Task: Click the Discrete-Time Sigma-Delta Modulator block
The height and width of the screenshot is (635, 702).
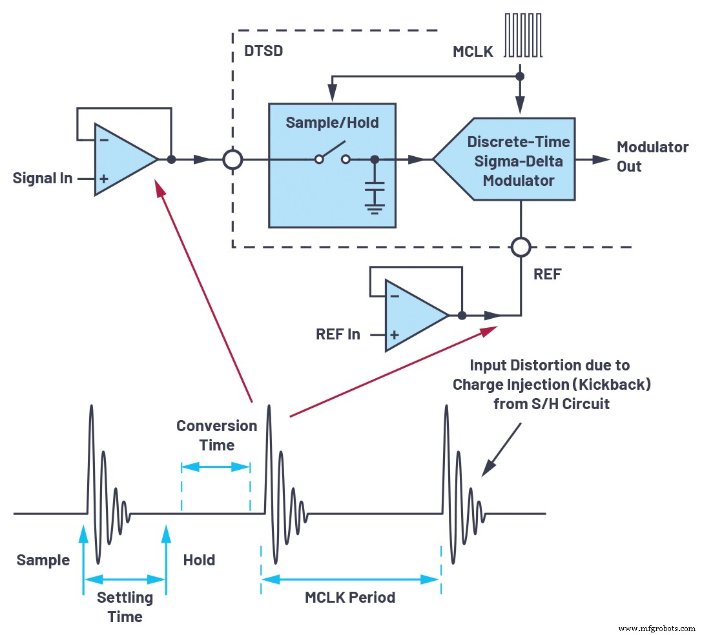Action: click(510, 160)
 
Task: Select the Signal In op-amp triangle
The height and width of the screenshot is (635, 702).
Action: click(123, 159)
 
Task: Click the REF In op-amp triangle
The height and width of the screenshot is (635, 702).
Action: click(413, 316)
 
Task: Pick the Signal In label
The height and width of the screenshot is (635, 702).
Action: click(43, 178)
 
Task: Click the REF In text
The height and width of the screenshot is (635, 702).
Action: click(338, 334)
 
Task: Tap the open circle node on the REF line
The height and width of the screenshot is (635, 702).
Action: click(520, 247)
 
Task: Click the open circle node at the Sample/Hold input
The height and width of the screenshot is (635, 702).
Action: click(232, 159)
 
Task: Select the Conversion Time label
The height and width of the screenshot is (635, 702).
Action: click(216, 435)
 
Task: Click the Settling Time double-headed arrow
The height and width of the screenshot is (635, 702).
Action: click(125, 578)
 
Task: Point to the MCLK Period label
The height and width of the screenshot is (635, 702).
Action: click(350, 598)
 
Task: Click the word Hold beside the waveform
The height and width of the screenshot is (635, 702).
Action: click(199, 559)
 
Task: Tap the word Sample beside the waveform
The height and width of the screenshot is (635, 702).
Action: click(43, 559)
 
